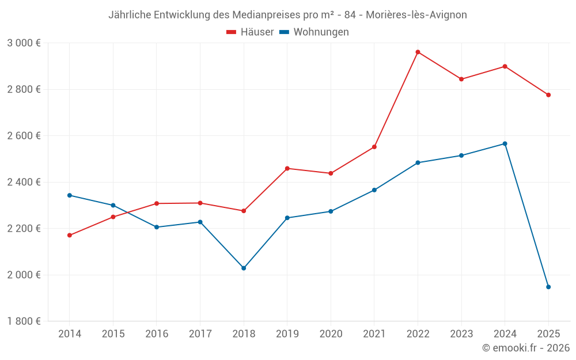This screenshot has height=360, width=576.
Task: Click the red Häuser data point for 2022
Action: [x=418, y=52]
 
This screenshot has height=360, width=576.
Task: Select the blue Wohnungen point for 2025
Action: [x=548, y=287]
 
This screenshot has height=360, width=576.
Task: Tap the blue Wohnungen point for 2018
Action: [x=244, y=268]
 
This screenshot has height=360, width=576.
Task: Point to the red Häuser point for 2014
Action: [x=70, y=235]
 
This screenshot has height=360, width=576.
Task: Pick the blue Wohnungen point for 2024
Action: [x=505, y=143]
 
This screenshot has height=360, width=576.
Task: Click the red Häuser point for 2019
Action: [x=287, y=168]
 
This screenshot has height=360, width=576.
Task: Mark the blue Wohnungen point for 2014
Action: [x=70, y=195]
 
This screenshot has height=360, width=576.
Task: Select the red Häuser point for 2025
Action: [x=548, y=95]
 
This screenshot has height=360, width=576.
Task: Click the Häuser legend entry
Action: [x=250, y=32]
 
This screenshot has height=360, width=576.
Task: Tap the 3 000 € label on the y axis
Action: [x=24, y=43]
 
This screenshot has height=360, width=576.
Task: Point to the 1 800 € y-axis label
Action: [x=24, y=321]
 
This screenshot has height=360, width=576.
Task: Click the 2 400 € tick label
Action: [x=24, y=182]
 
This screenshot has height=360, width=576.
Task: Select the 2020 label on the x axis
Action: [x=331, y=334]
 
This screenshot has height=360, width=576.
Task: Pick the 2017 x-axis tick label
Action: [x=200, y=334]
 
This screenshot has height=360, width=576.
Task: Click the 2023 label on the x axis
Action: [x=461, y=334]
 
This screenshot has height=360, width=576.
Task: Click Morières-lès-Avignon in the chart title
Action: [x=416, y=15]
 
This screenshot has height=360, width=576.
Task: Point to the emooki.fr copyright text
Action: [x=526, y=348]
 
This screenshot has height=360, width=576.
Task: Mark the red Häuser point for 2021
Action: [x=374, y=147]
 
